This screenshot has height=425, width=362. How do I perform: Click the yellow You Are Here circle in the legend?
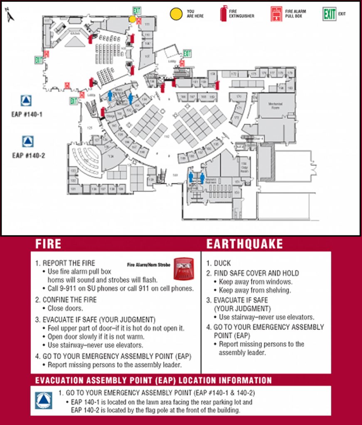pyautogui.click(x=176, y=13)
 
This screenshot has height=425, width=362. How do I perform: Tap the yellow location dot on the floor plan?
pyautogui.click(x=132, y=19)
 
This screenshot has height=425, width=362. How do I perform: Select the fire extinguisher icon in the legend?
pyautogui.click(x=224, y=13)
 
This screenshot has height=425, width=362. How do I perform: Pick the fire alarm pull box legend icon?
pyautogui.click(x=275, y=13)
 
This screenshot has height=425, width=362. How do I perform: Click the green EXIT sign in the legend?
pyautogui.click(x=330, y=14)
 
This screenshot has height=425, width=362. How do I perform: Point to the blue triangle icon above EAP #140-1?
pyautogui.click(x=26, y=101)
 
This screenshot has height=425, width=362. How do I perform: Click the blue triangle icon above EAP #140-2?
pyautogui.click(x=27, y=141)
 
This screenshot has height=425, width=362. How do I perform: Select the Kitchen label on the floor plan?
pyautogui.click(x=75, y=33)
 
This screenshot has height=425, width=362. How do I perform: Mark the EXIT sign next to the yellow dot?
pyautogui.click(x=136, y=10)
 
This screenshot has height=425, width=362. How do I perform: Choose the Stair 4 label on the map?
pyautogui.click(x=259, y=138)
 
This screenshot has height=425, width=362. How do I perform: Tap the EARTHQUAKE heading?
pyautogui.click(x=244, y=244)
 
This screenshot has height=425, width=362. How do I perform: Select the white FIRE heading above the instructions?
pyautogui.click(x=48, y=244)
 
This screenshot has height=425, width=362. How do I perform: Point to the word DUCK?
pyautogui.click(x=222, y=263)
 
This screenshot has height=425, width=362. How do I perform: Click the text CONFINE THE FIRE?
pyautogui.click(x=69, y=300)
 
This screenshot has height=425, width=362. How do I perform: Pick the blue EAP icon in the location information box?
pyautogui.click(x=44, y=401)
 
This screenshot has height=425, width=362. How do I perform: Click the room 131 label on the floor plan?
pyautogui.click(x=74, y=189)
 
